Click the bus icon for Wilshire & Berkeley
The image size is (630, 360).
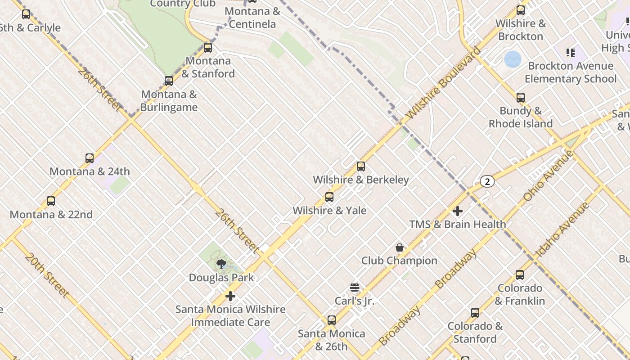(360, 166)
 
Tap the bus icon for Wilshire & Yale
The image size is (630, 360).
(329, 197)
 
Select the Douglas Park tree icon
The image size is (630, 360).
(221, 264)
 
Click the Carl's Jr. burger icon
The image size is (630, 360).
(355, 288)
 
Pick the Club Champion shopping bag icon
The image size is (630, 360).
(399, 247)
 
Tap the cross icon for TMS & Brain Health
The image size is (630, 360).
(458, 211)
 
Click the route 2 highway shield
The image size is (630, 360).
(487, 181)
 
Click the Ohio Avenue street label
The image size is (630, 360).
(548, 176)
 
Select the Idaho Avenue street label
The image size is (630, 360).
(562, 229)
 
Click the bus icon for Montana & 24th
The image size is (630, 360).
(90, 158)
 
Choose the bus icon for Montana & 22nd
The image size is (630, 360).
(51, 201)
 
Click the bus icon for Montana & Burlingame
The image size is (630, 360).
(169, 81)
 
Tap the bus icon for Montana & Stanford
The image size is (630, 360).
(208, 47)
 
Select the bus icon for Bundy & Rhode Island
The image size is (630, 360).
(521, 98)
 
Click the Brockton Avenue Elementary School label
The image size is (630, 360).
(571, 72)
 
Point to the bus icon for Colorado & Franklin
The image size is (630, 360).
(520, 274)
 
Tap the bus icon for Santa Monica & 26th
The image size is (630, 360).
(332, 320)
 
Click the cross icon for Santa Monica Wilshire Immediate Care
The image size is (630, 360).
(230, 296)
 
